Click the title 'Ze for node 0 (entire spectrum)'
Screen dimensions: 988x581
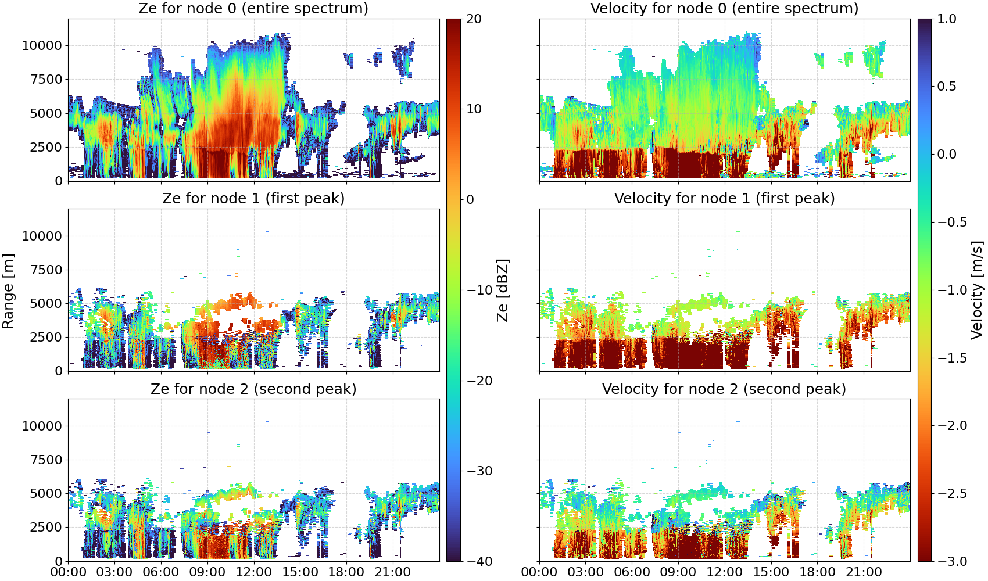pyautogui.click(x=253, y=9)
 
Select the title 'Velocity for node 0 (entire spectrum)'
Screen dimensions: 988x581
pyautogui.click(x=724, y=9)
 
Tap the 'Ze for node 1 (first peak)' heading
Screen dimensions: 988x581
pyautogui.click(x=253, y=199)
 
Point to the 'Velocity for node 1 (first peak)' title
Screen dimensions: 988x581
pyautogui.click(x=724, y=199)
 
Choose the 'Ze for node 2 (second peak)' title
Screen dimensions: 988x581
pyautogui.click(x=253, y=389)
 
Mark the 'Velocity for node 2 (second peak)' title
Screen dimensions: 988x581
pyautogui.click(x=724, y=389)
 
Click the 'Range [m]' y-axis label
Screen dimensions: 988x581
pyautogui.click(x=8, y=291)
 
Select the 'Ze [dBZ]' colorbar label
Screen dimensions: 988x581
pyautogui.click(x=503, y=290)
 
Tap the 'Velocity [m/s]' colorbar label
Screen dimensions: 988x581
pyautogui.click(x=978, y=290)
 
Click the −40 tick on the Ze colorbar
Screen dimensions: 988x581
pyautogui.click(x=479, y=562)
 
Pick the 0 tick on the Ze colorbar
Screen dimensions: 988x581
pyautogui.click(x=470, y=200)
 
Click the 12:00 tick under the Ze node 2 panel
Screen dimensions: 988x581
pyautogui.click(x=253, y=572)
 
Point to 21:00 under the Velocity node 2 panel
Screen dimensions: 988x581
pyautogui.click(x=864, y=572)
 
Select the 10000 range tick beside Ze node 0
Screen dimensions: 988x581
pyautogui.click(x=42, y=45)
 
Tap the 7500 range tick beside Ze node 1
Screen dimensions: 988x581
pyautogui.click(x=46, y=270)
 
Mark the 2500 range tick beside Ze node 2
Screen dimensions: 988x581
pyautogui.click(x=46, y=527)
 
